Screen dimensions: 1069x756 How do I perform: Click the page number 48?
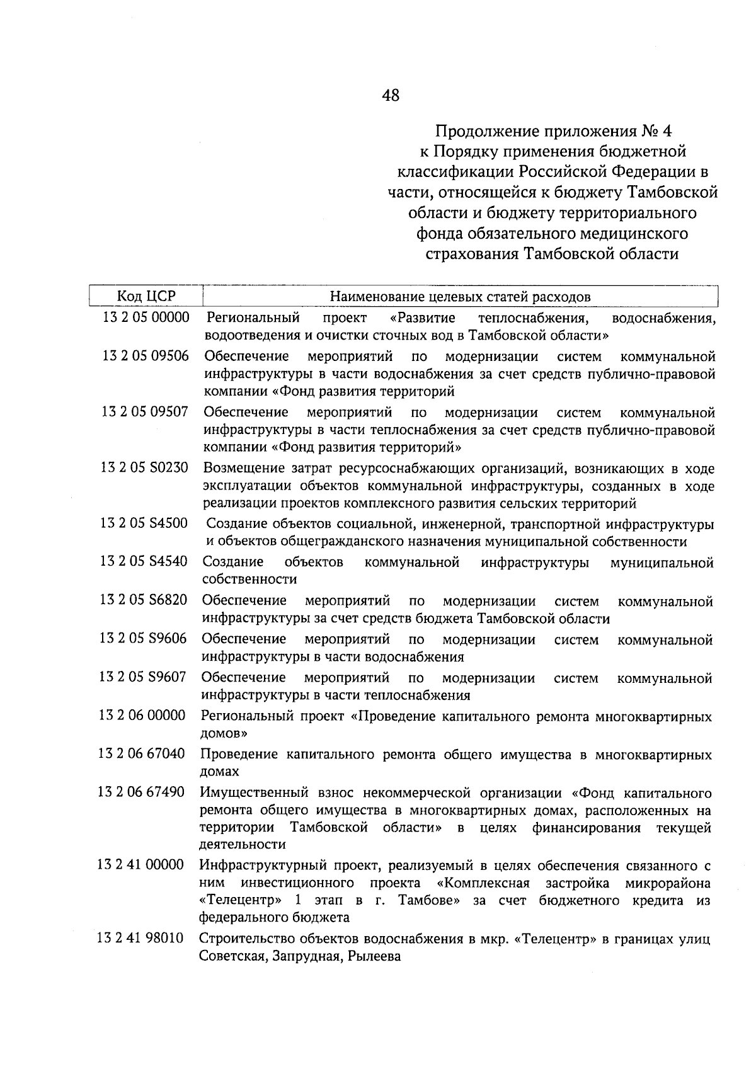coord(390,96)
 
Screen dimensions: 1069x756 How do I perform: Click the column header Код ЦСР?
coord(146,296)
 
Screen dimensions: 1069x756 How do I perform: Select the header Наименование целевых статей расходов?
coord(461,297)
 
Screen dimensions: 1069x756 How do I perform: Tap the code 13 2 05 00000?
coord(146,317)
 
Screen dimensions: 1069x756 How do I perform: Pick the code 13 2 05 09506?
coord(146,357)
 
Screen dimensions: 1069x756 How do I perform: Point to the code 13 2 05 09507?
coord(145,413)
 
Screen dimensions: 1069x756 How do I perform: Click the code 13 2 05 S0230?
coord(144,469)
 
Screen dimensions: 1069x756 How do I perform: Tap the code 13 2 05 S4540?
coord(144,561)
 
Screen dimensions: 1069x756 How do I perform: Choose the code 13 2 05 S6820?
coord(143,600)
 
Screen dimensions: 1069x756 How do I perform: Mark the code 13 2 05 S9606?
coord(143,639)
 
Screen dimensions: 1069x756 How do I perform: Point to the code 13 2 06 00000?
coord(142,716)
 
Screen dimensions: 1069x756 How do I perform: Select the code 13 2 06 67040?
coord(142,754)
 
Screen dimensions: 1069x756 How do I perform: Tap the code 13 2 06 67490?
coord(142,792)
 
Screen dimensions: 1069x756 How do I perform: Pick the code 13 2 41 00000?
coord(141,864)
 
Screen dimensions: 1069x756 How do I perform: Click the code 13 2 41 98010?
coord(140,939)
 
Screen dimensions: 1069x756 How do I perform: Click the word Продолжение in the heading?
coord(479,132)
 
